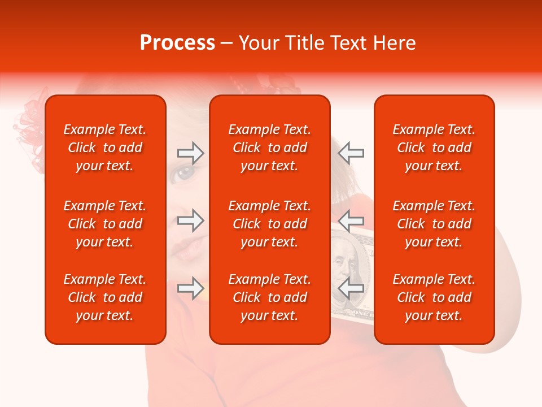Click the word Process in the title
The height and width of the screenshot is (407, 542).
tap(177, 43)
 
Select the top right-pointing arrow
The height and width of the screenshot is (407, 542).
tap(190, 153)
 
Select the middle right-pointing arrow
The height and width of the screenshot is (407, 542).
tap(190, 220)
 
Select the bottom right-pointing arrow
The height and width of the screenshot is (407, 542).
tap(190, 288)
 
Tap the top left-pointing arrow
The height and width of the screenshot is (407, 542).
tap(351, 153)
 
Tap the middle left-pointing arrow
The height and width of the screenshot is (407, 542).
tap(351, 220)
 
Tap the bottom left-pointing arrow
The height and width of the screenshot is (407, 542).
tap(351, 288)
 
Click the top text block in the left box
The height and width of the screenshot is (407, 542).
tap(105, 148)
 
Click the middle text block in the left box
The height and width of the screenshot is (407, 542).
tap(105, 224)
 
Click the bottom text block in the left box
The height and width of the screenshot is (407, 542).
tap(105, 297)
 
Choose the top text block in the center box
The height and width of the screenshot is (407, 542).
tap(269, 148)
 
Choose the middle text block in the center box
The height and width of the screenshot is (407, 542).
tap(269, 224)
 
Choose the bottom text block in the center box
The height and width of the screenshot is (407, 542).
tap(269, 297)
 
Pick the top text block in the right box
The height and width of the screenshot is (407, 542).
tap(434, 148)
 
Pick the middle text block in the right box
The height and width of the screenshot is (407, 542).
tap(434, 224)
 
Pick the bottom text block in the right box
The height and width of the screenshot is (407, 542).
tap(434, 297)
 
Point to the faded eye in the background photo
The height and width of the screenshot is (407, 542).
tap(185, 172)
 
